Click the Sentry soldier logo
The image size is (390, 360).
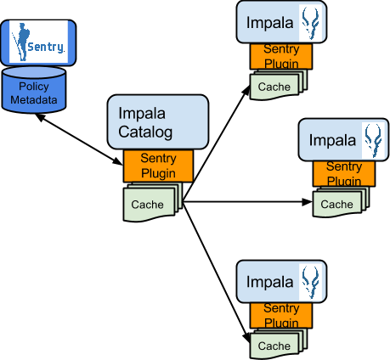38,42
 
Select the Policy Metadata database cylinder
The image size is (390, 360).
34,90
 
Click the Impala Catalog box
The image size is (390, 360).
158,122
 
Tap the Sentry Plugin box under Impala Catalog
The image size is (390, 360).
158,166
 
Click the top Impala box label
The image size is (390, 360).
269,23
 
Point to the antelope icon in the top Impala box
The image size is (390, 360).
310,22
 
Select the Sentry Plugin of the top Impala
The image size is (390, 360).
281,56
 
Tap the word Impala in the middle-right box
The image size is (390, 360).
332,140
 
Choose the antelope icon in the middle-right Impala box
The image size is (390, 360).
373,140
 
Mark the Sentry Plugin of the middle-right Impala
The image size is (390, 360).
344,174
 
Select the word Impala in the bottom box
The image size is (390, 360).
269,282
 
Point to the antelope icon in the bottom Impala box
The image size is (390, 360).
310,282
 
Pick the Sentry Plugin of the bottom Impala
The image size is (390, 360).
281,316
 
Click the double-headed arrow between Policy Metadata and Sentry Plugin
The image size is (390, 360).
80,139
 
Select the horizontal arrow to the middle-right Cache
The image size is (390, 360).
247,202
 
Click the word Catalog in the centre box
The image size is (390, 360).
145,132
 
